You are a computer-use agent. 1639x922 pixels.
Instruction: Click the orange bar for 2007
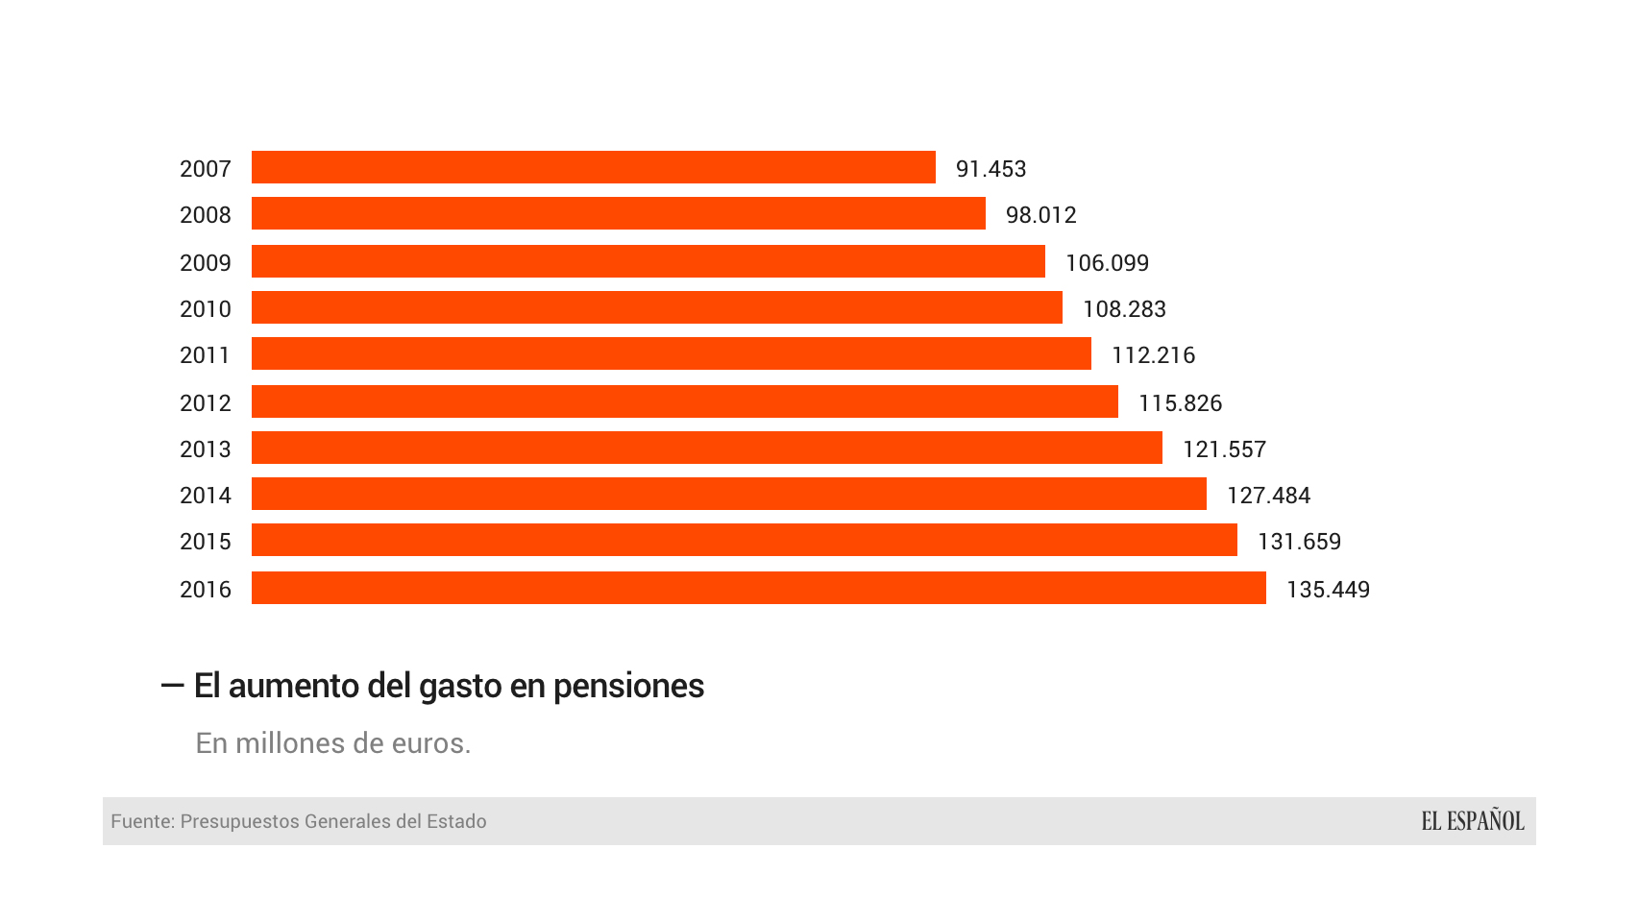(x=593, y=167)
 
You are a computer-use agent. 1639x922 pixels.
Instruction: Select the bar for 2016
(x=758, y=588)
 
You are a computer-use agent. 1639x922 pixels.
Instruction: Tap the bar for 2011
(x=671, y=353)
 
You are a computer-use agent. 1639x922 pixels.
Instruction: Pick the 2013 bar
(x=706, y=448)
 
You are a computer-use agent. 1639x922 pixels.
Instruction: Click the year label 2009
(x=205, y=263)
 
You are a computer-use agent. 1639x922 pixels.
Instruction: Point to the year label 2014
(x=205, y=496)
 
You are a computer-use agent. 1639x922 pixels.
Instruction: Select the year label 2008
(x=205, y=215)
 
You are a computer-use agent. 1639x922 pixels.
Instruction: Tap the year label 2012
(x=205, y=403)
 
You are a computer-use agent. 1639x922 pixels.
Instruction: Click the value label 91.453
(x=991, y=169)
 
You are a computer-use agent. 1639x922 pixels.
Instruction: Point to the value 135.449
(x=1328, y=590)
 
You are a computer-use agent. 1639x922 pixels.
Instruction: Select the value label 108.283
(x=1124, y=309)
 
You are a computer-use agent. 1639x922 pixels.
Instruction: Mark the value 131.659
(x=1299, y=542)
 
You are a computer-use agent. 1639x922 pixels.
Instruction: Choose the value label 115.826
(x=1180, y=403)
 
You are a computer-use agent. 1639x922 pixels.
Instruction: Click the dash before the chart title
(x=172, y=685)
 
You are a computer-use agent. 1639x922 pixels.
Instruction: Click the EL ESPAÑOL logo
(x=1472, y=821)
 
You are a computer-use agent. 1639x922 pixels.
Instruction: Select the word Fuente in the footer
(x=141, y=821)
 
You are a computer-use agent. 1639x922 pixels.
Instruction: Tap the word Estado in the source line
(x=456, y=821)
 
